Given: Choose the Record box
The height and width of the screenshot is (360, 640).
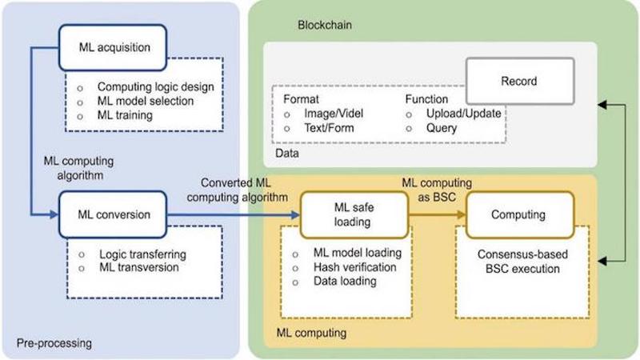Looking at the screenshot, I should pyautogui.click(x=518, y=81).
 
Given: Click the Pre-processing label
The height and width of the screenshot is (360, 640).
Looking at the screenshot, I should pyautogui.click(x=54, y=343).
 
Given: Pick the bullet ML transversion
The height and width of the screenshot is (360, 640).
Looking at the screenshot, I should pyautogui.click(x=138, y=267).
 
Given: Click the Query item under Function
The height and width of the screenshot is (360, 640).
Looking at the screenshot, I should pyautogui.click(x=442, y=127).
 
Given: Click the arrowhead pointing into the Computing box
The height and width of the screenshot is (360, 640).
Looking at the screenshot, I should pyautogui.click(x=462, y=214).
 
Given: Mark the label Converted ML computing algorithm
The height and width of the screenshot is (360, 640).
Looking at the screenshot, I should pyautogui.click(x=236, y=190).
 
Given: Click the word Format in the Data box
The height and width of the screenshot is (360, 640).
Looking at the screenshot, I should pyautogui.click(x=301, y=98).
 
